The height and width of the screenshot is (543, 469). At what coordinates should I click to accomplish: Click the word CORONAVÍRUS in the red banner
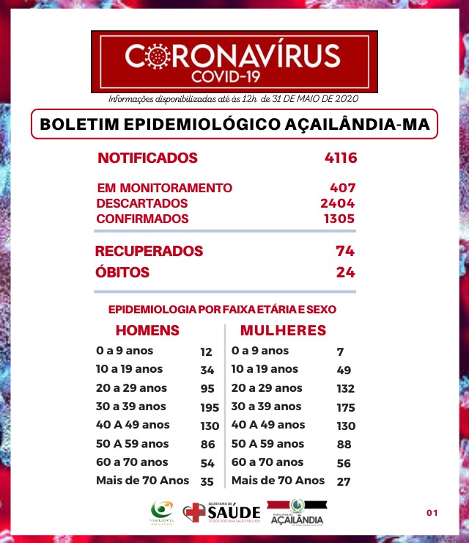point(233,56)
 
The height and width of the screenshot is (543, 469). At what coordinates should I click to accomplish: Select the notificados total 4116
point(340,158)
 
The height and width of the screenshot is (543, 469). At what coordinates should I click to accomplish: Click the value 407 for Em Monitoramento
point(342,188)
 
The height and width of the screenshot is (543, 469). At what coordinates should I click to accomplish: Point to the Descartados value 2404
point(338,203)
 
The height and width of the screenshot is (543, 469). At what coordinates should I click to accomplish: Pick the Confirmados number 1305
point(338,219)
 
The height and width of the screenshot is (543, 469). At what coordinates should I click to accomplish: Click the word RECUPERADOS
point(149,251)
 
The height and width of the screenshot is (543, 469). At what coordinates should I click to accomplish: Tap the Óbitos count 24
point(346,273)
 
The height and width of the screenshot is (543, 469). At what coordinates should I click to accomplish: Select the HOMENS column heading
point(147,330)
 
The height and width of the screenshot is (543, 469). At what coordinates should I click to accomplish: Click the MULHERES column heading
point(283,330)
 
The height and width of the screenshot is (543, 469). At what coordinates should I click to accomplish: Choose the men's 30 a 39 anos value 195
point(210,407)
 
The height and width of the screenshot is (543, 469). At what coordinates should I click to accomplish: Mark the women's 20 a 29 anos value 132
point(345,389)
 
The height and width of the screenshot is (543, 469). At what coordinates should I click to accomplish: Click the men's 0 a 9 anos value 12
point(206,352)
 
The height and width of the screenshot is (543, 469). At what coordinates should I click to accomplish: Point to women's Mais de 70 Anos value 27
point(344,481)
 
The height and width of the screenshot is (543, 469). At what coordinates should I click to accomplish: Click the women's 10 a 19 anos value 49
point(344,370)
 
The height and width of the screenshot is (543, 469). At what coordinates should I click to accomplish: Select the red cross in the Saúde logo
point(194,512)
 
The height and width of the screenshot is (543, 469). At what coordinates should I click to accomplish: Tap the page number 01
point(432,512)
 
